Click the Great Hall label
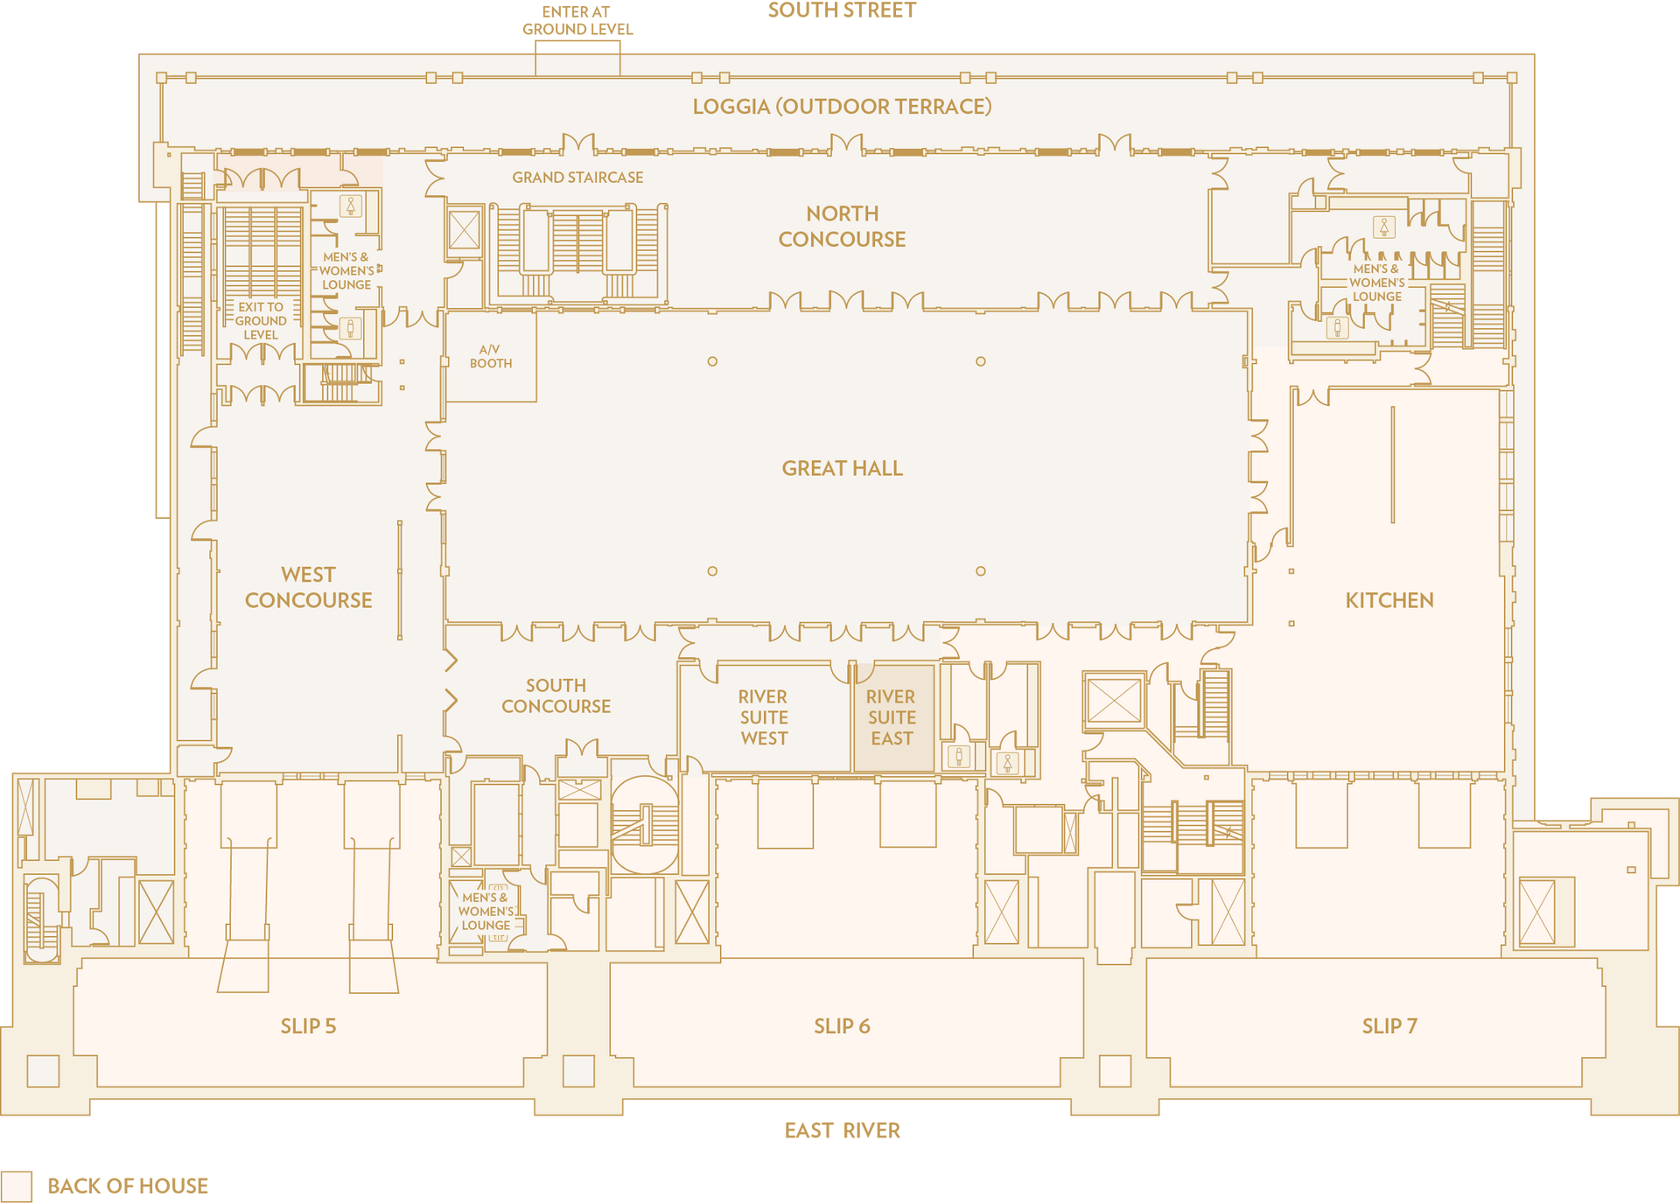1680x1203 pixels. click(x=842, y=468)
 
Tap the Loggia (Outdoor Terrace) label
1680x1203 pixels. click(x=842, y=107)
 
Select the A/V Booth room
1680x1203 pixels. click(x=490, y=357)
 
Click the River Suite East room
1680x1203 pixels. click(x=892, y=717)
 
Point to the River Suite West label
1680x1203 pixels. click(x=763, y=717)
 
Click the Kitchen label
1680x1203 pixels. click(x=1389, y=600)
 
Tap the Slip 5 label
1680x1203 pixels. click(x=308, y=1025)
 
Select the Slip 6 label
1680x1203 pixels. click(x=842, y=1025)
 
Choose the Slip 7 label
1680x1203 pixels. click(x=1389, y=1025)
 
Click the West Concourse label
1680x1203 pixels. click(x=308, y=587)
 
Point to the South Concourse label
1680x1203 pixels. click(x=556, y=696)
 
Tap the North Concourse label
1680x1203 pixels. click(x=842, y=226)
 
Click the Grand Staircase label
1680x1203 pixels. click(x=577, y=178)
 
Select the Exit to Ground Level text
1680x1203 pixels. click(x=261, y=321)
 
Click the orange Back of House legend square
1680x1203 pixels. click(x=17, y=1186)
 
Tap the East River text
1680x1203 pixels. click(x=842, y=1130)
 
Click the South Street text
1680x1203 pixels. click(x=842, y=10)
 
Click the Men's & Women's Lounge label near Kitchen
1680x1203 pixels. click(x=1376, y=283)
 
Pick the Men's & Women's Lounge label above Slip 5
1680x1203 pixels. click(x=486, y=912)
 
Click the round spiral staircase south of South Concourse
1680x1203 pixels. click(x=645, y=825)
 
